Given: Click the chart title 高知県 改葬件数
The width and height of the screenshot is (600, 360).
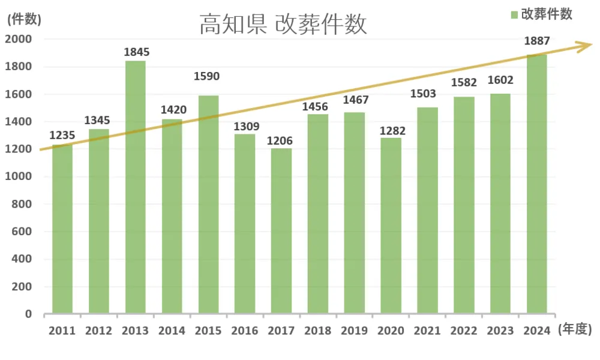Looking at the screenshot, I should [x=283, y=25].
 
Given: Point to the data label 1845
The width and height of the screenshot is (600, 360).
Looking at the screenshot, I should [x=136, y=52].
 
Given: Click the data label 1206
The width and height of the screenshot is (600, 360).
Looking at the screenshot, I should [x=281, y=140].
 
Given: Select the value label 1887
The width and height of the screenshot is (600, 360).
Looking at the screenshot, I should [x=536, y=41].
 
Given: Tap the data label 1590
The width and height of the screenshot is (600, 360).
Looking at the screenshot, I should [x=207, y=76].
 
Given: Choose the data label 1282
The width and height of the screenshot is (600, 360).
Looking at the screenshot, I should [x=392, y=131].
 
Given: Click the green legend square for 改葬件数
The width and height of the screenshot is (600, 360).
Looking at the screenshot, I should [x=514, y=15].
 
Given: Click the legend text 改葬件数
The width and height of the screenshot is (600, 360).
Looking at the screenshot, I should [x=547, y=15].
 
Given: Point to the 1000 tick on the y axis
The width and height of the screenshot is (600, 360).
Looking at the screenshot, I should [x=19, y=176].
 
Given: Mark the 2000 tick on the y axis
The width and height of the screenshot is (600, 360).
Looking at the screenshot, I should [x=19, y=39].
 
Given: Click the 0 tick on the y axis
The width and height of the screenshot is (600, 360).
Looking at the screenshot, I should [x=28, y=314].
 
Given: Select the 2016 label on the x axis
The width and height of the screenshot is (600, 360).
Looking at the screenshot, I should [x=244, y=331].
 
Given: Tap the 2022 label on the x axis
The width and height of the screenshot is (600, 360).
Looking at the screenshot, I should [x=464, y=331].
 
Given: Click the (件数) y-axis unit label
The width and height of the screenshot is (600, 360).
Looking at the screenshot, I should [x=24, y=19].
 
